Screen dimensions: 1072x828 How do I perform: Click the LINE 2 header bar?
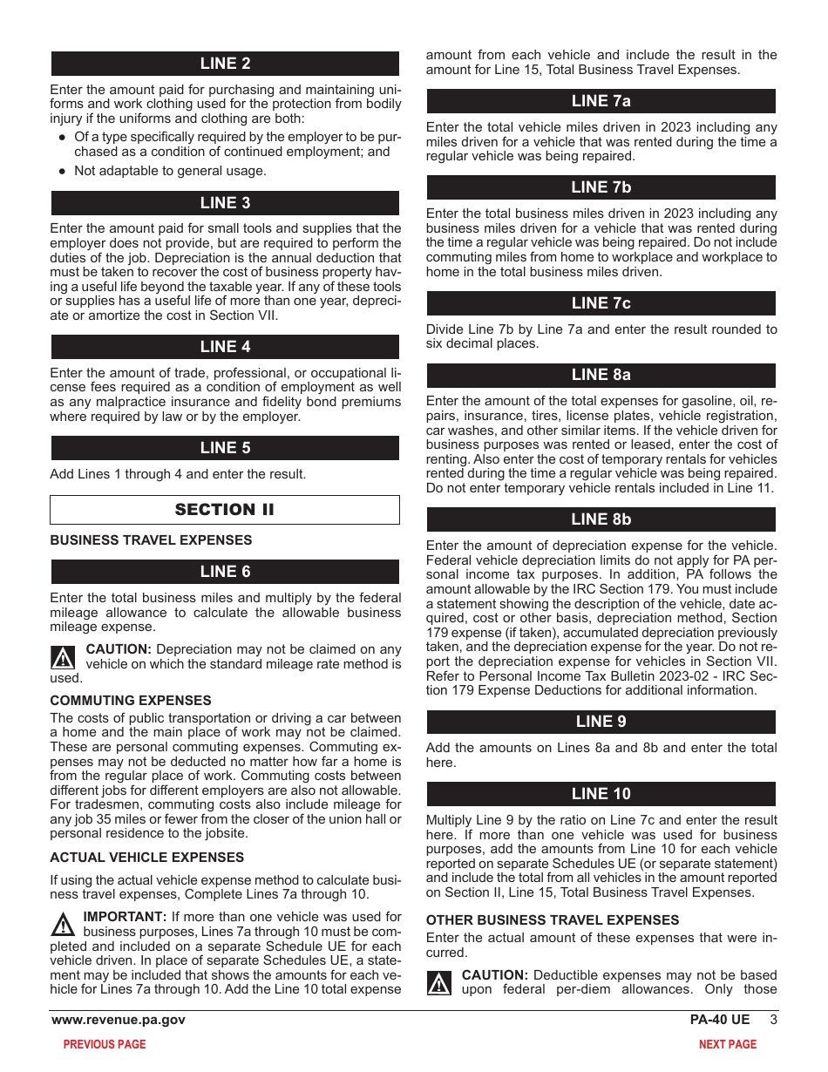[225, 64]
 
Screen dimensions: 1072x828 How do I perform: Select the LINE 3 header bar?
[225, 203]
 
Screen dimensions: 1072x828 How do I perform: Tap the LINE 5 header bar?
[225, 448]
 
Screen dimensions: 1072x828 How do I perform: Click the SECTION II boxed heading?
[225, 510]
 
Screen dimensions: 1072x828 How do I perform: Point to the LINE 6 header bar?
[225, 572]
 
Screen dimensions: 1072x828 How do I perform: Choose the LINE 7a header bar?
[601, 101]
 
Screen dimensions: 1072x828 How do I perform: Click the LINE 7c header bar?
[601, 303]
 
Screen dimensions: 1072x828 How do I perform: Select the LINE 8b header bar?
[601, 519]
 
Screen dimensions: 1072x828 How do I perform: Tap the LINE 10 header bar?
[601, 794]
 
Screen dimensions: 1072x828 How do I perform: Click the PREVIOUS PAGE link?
[105, 1044]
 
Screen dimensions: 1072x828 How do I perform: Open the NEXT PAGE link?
[728, 1044]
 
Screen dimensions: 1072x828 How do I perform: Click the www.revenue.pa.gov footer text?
[119, 1020]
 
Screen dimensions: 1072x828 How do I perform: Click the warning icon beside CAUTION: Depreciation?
[63, 657]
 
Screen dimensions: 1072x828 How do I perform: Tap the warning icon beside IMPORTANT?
[63, 925]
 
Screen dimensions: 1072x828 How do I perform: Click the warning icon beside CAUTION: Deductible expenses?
[439, 983]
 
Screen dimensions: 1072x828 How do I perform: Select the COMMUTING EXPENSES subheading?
[131, 701]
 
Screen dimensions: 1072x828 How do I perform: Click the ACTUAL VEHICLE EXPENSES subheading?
[146, 858]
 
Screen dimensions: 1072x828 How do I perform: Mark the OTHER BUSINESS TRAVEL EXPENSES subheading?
[552, 920]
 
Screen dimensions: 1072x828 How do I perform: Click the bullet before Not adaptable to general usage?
[62, 172]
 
